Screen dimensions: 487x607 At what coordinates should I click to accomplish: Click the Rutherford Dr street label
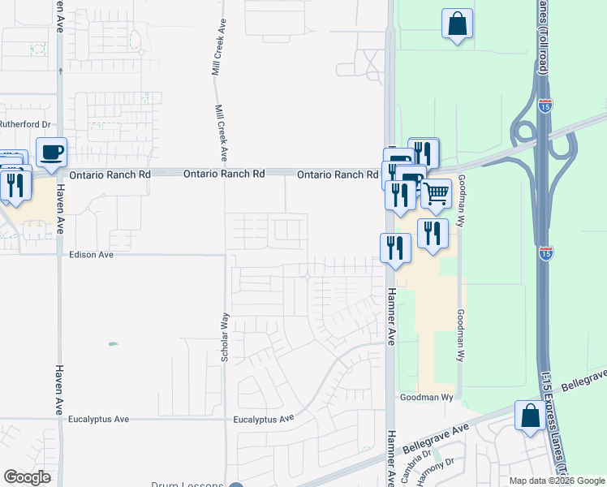[25, 124]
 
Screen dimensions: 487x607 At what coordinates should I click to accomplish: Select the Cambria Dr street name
[415, 466]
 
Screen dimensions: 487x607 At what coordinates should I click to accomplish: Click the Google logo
[27, 477]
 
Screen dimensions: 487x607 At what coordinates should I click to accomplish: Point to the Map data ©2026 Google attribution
[556, 481]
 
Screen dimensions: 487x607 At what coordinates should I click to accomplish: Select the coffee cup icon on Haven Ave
[51, 152]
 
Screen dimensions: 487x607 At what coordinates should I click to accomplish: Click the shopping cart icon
[436, 193]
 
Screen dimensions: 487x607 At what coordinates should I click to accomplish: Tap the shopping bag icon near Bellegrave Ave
[530, 416]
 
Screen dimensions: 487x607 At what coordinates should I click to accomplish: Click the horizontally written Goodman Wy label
[425, 398]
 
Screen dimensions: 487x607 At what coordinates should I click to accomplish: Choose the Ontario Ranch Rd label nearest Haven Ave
[111, 174]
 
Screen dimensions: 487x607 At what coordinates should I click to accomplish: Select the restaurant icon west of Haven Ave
[15, 186]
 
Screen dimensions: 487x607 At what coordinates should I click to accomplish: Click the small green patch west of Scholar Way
[113, 343]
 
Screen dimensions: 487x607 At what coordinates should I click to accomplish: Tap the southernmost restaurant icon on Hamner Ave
[395, 248]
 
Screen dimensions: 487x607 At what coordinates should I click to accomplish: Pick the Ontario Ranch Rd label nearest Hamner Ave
[338, 175]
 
